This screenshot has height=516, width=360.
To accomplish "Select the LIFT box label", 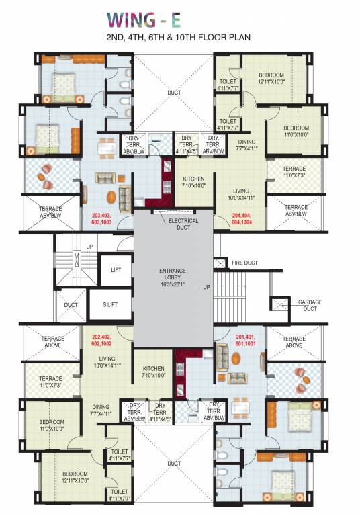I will [116, 269].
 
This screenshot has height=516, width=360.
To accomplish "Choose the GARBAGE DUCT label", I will [311, 306].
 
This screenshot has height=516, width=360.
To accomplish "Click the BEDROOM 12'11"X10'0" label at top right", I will [271, 78].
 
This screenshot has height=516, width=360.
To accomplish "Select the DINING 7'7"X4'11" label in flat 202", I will [101, 410].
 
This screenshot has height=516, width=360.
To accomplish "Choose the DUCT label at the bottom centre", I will [175, 463].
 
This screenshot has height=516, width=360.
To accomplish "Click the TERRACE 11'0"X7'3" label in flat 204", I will [294, 172].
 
